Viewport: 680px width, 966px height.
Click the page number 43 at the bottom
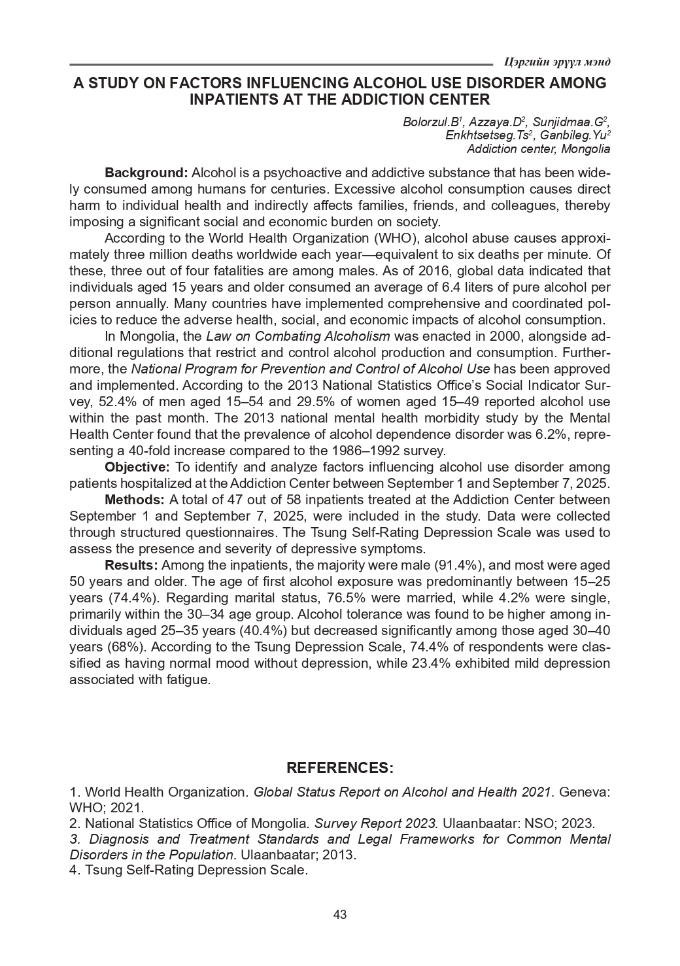[339, 914]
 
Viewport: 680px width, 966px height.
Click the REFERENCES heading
[340, 767]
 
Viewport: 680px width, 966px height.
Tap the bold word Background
[146, 173]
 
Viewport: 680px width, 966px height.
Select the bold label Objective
[137, 467]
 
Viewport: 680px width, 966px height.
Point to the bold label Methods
[135, 500]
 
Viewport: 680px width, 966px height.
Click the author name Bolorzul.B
[432, 122]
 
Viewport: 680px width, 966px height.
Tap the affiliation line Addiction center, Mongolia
[537, 148]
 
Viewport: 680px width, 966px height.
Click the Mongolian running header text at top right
[557, 62]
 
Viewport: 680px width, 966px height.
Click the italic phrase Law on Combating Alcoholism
[297, 336]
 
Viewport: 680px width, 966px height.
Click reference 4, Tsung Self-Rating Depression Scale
[188, 871]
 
